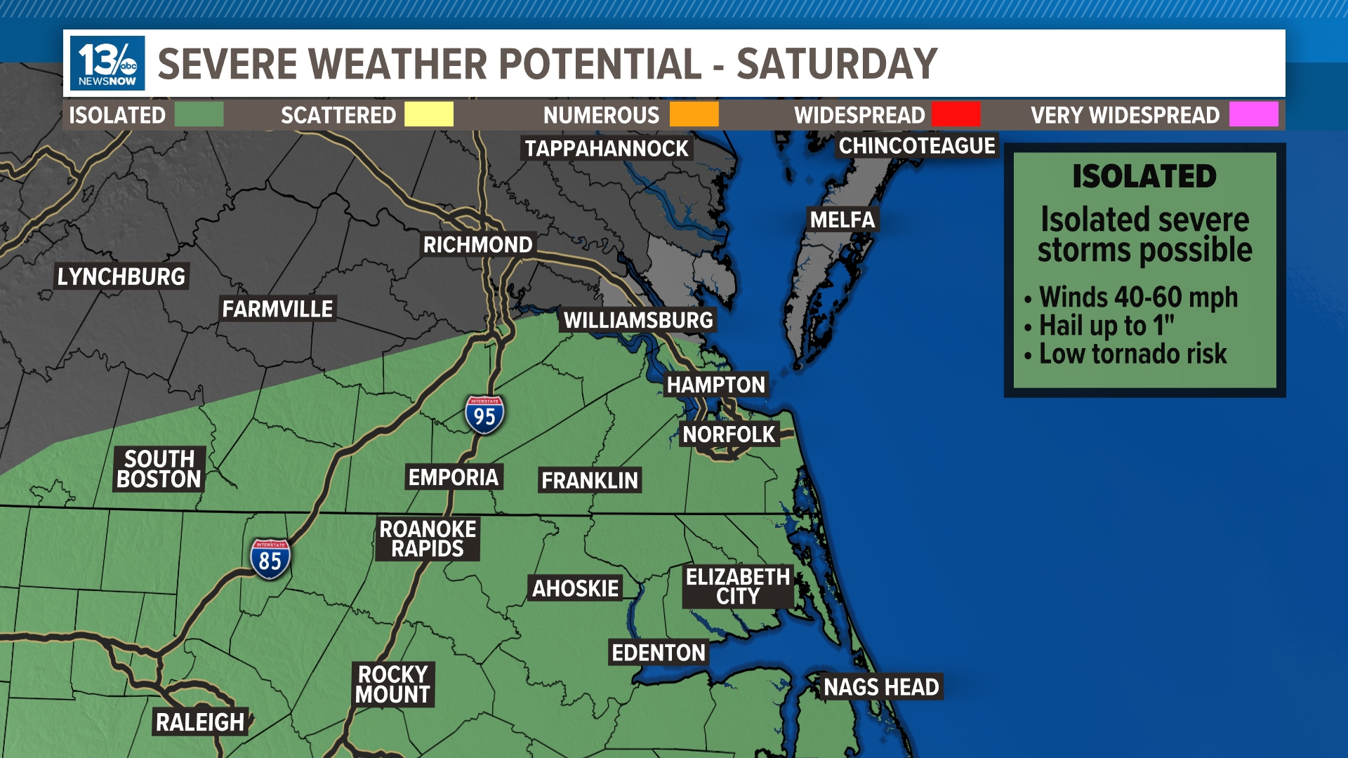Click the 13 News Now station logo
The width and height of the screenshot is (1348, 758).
107,63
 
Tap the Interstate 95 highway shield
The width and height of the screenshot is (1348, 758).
484,415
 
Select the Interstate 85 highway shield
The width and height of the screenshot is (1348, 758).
270,559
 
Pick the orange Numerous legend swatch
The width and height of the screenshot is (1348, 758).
694,114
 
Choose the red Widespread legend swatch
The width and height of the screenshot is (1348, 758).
956,114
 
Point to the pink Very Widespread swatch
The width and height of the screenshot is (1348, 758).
1253,114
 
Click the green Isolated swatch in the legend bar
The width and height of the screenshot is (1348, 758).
199,114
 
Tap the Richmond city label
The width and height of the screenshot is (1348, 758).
478,244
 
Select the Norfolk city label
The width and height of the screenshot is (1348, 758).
729,434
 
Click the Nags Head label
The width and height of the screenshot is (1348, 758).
881,686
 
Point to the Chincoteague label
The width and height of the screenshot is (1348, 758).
917,146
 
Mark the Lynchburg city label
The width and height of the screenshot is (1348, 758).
121,277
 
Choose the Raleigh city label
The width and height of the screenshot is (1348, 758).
200,722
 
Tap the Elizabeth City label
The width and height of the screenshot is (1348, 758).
738,586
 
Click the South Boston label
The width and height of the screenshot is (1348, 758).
159,469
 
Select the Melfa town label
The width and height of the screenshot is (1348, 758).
842,220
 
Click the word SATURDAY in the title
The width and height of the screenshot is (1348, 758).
836,64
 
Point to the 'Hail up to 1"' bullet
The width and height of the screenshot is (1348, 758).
1106,326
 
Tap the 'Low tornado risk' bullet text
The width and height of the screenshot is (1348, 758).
1132,354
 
